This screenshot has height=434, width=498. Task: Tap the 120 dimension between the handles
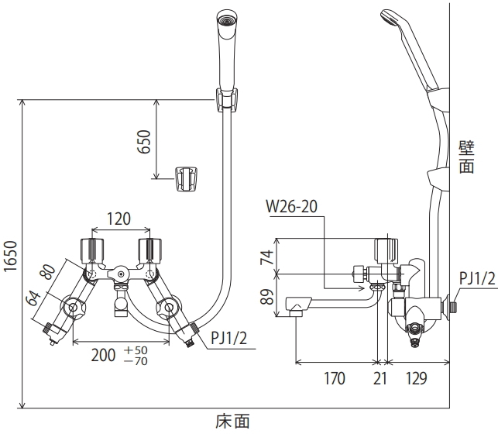pyautogui.click(x=118, y=219)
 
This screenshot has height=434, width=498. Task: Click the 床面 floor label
pyautogui.click(x=232, y=422)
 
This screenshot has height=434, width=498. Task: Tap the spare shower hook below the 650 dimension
pyautogui.click(x=187, y=179)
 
